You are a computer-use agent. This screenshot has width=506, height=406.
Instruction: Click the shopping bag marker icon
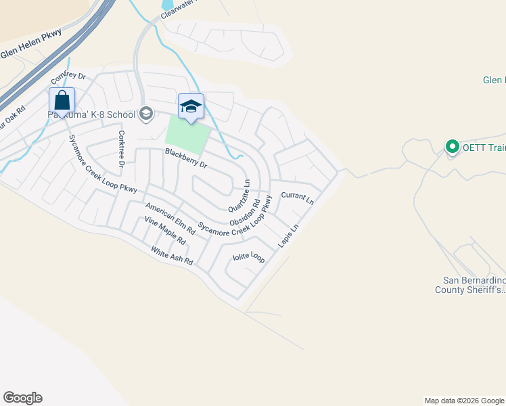[62, 101]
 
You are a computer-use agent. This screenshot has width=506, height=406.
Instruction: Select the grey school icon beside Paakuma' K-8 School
[145, 114]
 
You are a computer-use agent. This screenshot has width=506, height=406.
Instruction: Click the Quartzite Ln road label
[239, 194]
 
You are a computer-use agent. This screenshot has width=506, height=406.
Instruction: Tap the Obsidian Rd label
[245, 212]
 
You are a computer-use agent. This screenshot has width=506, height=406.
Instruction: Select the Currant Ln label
[298, 198]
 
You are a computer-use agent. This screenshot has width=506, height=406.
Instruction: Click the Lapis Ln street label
[287, 236]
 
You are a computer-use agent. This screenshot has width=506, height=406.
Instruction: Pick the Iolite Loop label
[248, 257]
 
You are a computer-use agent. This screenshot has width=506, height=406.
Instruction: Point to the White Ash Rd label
[172, 256]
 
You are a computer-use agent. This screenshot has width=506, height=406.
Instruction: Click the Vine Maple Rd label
[164, 231]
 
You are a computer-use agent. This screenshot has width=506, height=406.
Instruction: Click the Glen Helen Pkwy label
[30, 43]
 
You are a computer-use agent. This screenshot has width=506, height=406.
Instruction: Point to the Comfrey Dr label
[69, 82]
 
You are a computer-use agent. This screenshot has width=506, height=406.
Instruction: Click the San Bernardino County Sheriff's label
[474, 285]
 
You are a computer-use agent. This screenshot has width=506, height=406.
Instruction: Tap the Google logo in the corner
[22, 398]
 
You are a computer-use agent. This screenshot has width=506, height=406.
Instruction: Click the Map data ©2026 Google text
[464, 401]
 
